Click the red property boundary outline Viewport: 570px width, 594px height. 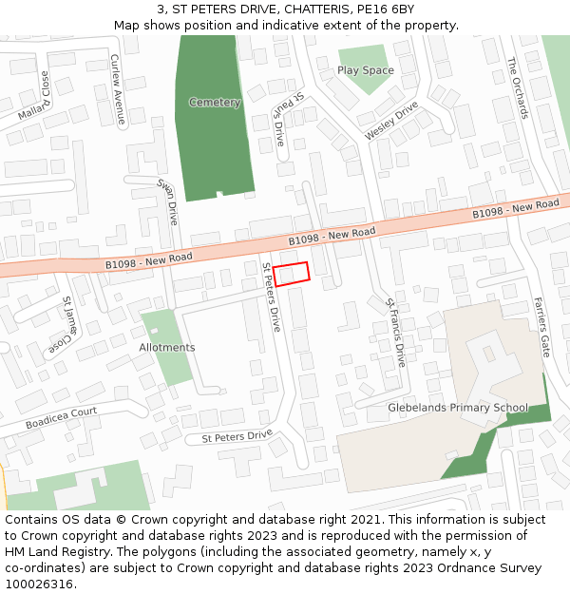pyautogui.click(x=292, y=274)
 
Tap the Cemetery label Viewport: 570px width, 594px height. pyautogui.click(x=215, y=103)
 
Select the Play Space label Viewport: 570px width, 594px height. pyautogui.click(x=365, y=70)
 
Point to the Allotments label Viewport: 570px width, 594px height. pyautogui.click(x=167, y=348)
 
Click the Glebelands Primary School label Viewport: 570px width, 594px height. pyautogui.click(x=457, y=408)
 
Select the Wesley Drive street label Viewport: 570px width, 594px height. pyautogui.click(x=391, y=122)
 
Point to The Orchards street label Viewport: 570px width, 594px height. pyautogui.click(x=517, y=87)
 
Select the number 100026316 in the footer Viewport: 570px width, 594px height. pyautogui.click(x=37, y=584)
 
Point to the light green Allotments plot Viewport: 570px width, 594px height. pyautogui.click(x=171, y=366)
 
